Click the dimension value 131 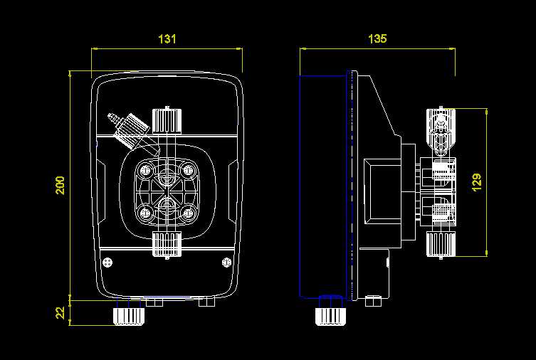pyautogui.click(x=167, y=39)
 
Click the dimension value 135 pyautogui.click(x=377, y=38)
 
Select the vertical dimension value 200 pyautogui.click(x=61, y=186)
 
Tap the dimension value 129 pyautogui.click(x=476, y=182)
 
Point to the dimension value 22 pyautogui.click(x=60, y=312)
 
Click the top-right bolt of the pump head pyautogui.click(x=187, y=169)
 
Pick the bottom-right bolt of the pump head pyautogui.click(x=187, y=213)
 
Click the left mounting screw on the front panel pyautogui.click(x=107, y=262)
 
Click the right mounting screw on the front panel pyautogui.click(x=226, y=262)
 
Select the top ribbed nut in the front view pyautogui.click(x=167, y=120)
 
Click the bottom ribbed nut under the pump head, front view pyautogui.click(x=167, y=245)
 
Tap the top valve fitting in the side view pyautogui.click(x=441, y=132)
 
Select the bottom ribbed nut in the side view pyautogui.click(x=441, y=245)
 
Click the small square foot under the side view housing pyautogui.click(x=373, y=301)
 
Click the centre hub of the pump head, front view pyautogui.click(x=167, y=190)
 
